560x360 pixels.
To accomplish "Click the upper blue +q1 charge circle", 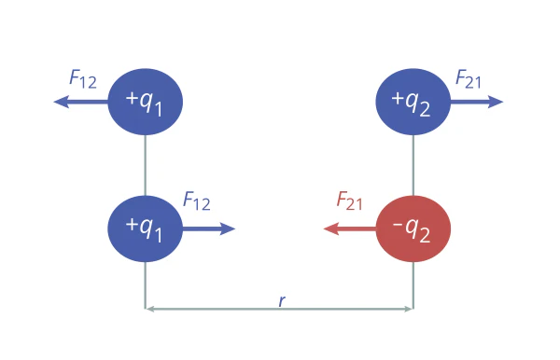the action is point(145,102).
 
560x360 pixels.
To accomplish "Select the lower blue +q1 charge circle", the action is point(145,228).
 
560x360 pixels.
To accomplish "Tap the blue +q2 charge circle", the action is point(413,102).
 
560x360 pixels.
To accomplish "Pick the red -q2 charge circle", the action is point(413,228).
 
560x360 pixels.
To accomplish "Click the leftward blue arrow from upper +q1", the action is point(80,102).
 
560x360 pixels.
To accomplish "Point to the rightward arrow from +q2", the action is point(477,102).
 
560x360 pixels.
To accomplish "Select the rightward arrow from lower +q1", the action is point(209,228).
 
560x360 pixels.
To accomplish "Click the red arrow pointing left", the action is point(350,228).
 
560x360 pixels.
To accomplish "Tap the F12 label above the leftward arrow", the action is point(83,79).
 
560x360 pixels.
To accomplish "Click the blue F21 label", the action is point(469,79).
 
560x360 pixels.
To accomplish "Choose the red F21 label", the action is point(349,201).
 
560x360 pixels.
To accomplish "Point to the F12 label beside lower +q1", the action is point(197,201).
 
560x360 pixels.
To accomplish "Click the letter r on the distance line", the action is point(282,300).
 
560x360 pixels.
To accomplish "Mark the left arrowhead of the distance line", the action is point(149,309).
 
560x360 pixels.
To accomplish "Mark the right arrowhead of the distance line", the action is point(409,309).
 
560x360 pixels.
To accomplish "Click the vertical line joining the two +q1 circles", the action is point(146,165).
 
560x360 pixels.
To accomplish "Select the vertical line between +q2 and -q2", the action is point(413,165).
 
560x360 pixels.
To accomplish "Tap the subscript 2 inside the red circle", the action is point(425,235).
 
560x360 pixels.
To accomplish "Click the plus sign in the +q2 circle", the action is point(398,98).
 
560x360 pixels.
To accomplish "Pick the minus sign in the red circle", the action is point(398,225).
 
